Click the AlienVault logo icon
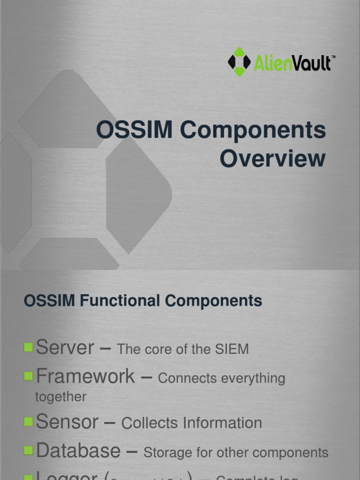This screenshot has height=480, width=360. point(239,62)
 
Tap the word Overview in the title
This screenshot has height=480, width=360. point(272,159)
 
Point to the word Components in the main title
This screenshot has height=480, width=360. point(253,130)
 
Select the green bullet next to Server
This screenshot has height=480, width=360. point(29,347)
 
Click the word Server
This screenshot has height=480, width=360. point(65,348)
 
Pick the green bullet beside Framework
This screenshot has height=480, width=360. point(29,375)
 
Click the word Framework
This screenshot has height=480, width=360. point(85,376)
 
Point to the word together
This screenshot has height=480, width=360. point(61,397)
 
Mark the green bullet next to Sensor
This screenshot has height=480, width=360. point(29,422)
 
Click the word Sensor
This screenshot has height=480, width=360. point(67,422)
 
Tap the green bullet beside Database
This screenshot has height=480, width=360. point(29,450)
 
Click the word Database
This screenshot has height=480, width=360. point(78,450)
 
